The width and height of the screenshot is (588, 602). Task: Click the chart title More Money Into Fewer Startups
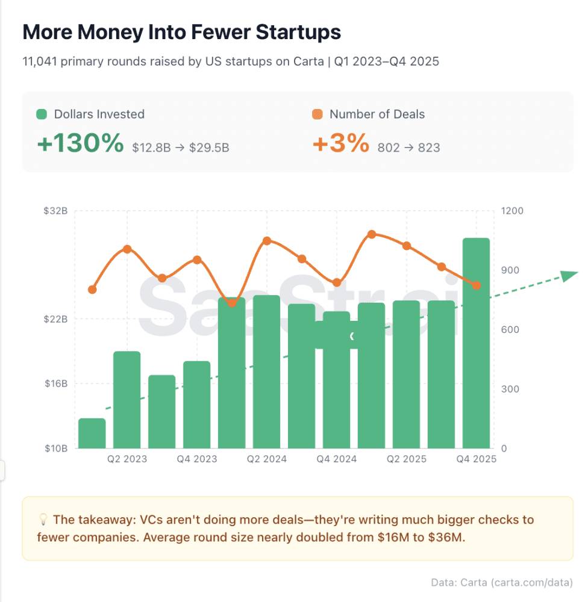(x=182, y=33)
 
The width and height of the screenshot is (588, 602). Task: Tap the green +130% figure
(x=80, y=144)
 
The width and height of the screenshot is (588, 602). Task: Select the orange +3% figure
(x=340, y=144)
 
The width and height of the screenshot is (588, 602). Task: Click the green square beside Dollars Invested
(x=42, y=114)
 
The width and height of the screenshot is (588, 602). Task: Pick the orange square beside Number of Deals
(x=317, y=114)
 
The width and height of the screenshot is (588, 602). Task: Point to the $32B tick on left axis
(x=55, y=211)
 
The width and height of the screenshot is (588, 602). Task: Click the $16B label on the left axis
(x=55, y=383)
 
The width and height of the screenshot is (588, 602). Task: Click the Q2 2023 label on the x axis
(x=127, y=459)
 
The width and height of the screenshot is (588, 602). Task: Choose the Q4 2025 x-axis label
(x=476, y=459)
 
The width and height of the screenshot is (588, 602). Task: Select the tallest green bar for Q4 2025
(x=476, y=343)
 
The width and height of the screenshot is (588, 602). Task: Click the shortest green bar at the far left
(x=92, y=433)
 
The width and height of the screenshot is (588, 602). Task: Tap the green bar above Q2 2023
(x=127, y=400)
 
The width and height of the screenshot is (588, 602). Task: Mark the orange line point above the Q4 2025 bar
(x=476, y=285)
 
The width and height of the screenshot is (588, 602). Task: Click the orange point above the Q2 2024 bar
(x=267, y=241)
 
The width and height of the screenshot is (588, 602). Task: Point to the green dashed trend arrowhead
(x=569, y=276)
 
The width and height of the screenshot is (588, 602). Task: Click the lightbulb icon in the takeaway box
(x=43, y=520)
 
